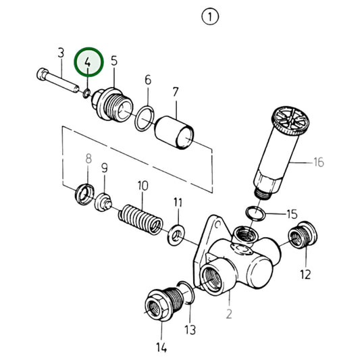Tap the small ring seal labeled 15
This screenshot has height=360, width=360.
click(255, 213)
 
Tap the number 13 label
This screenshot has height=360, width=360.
click(190, 329)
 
